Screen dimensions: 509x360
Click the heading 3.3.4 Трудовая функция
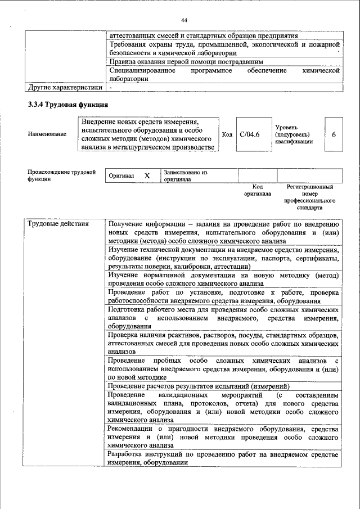click(x=68, y=105)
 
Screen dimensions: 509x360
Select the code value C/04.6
click(x=249, y=135)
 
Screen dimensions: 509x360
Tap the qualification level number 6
click(x=334, y=135)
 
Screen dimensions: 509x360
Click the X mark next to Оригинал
click(x=147, y=175)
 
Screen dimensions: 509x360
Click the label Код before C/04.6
click(x=227, y=135)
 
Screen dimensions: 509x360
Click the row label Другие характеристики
click(x=65, y=88)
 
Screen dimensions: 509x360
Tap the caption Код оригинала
click(x=257, y=190)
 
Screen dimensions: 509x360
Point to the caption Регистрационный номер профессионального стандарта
click(x=309, y=197)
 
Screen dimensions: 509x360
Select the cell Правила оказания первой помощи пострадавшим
click(x=186, y=61)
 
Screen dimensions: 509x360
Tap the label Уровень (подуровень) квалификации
click(x=294, y=135)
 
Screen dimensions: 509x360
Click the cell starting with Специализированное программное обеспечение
click(x=223, y=75)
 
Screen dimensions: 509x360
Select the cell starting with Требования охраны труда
click(x=223, y=48)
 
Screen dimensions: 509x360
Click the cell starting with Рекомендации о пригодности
click(x=223, y=436)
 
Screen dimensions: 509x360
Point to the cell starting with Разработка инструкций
click(x=223, y=458)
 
